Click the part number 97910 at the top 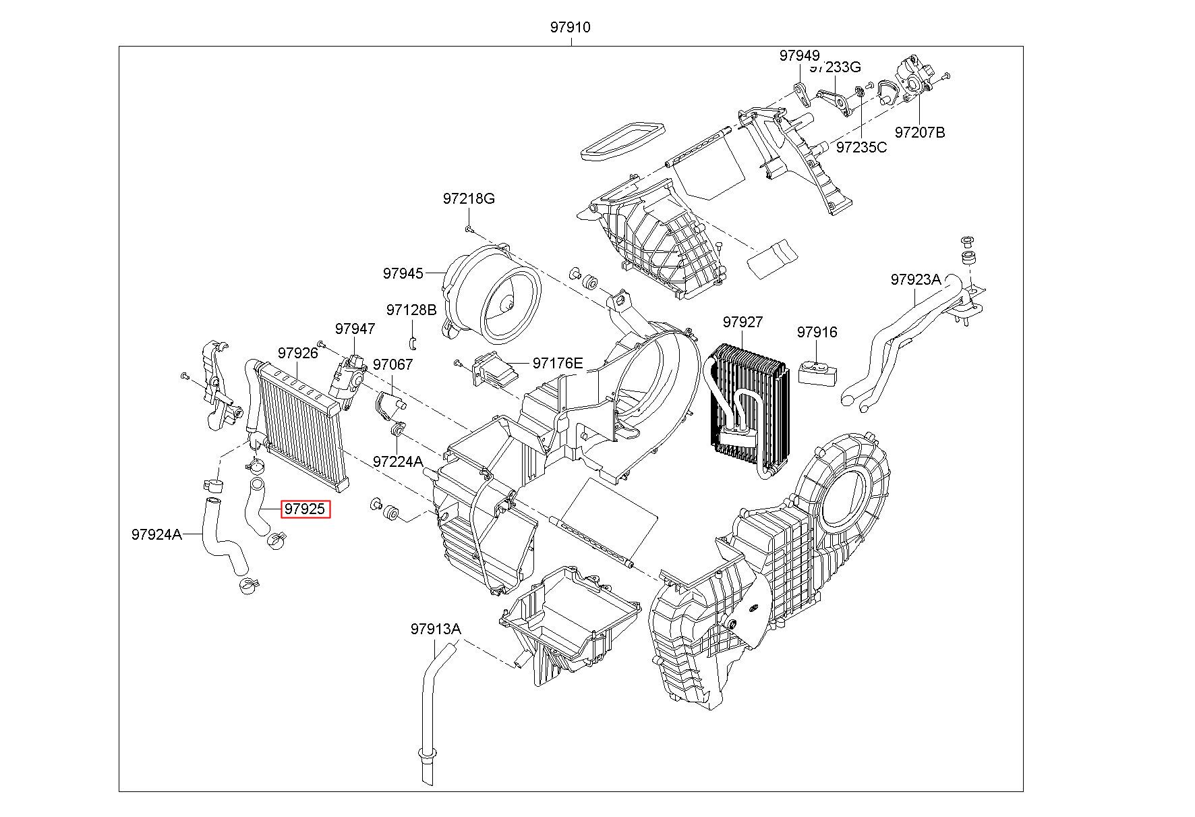point(570,28)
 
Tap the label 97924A point(156,534)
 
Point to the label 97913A point(436,629)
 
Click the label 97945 point(403,273)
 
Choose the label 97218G point(469,198)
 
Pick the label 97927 point(742,322)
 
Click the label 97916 point(817,332)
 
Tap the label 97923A point(915,279)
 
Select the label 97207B point(920,132)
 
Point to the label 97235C point(861,147)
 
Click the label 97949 point(799,55)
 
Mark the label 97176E point(558,363)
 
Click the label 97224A point(398,461)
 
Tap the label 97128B point(411,310)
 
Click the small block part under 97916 point(818,372)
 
